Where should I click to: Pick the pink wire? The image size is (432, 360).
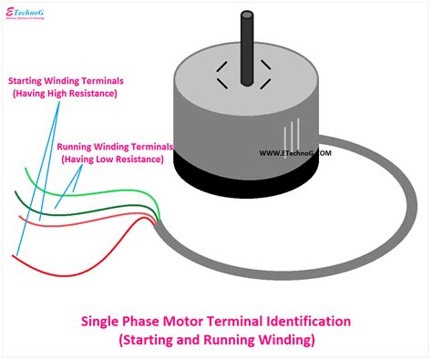click(91, 223)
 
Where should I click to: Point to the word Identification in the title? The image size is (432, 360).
click(305, 321)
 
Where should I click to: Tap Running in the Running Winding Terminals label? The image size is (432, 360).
click(77, 146)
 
